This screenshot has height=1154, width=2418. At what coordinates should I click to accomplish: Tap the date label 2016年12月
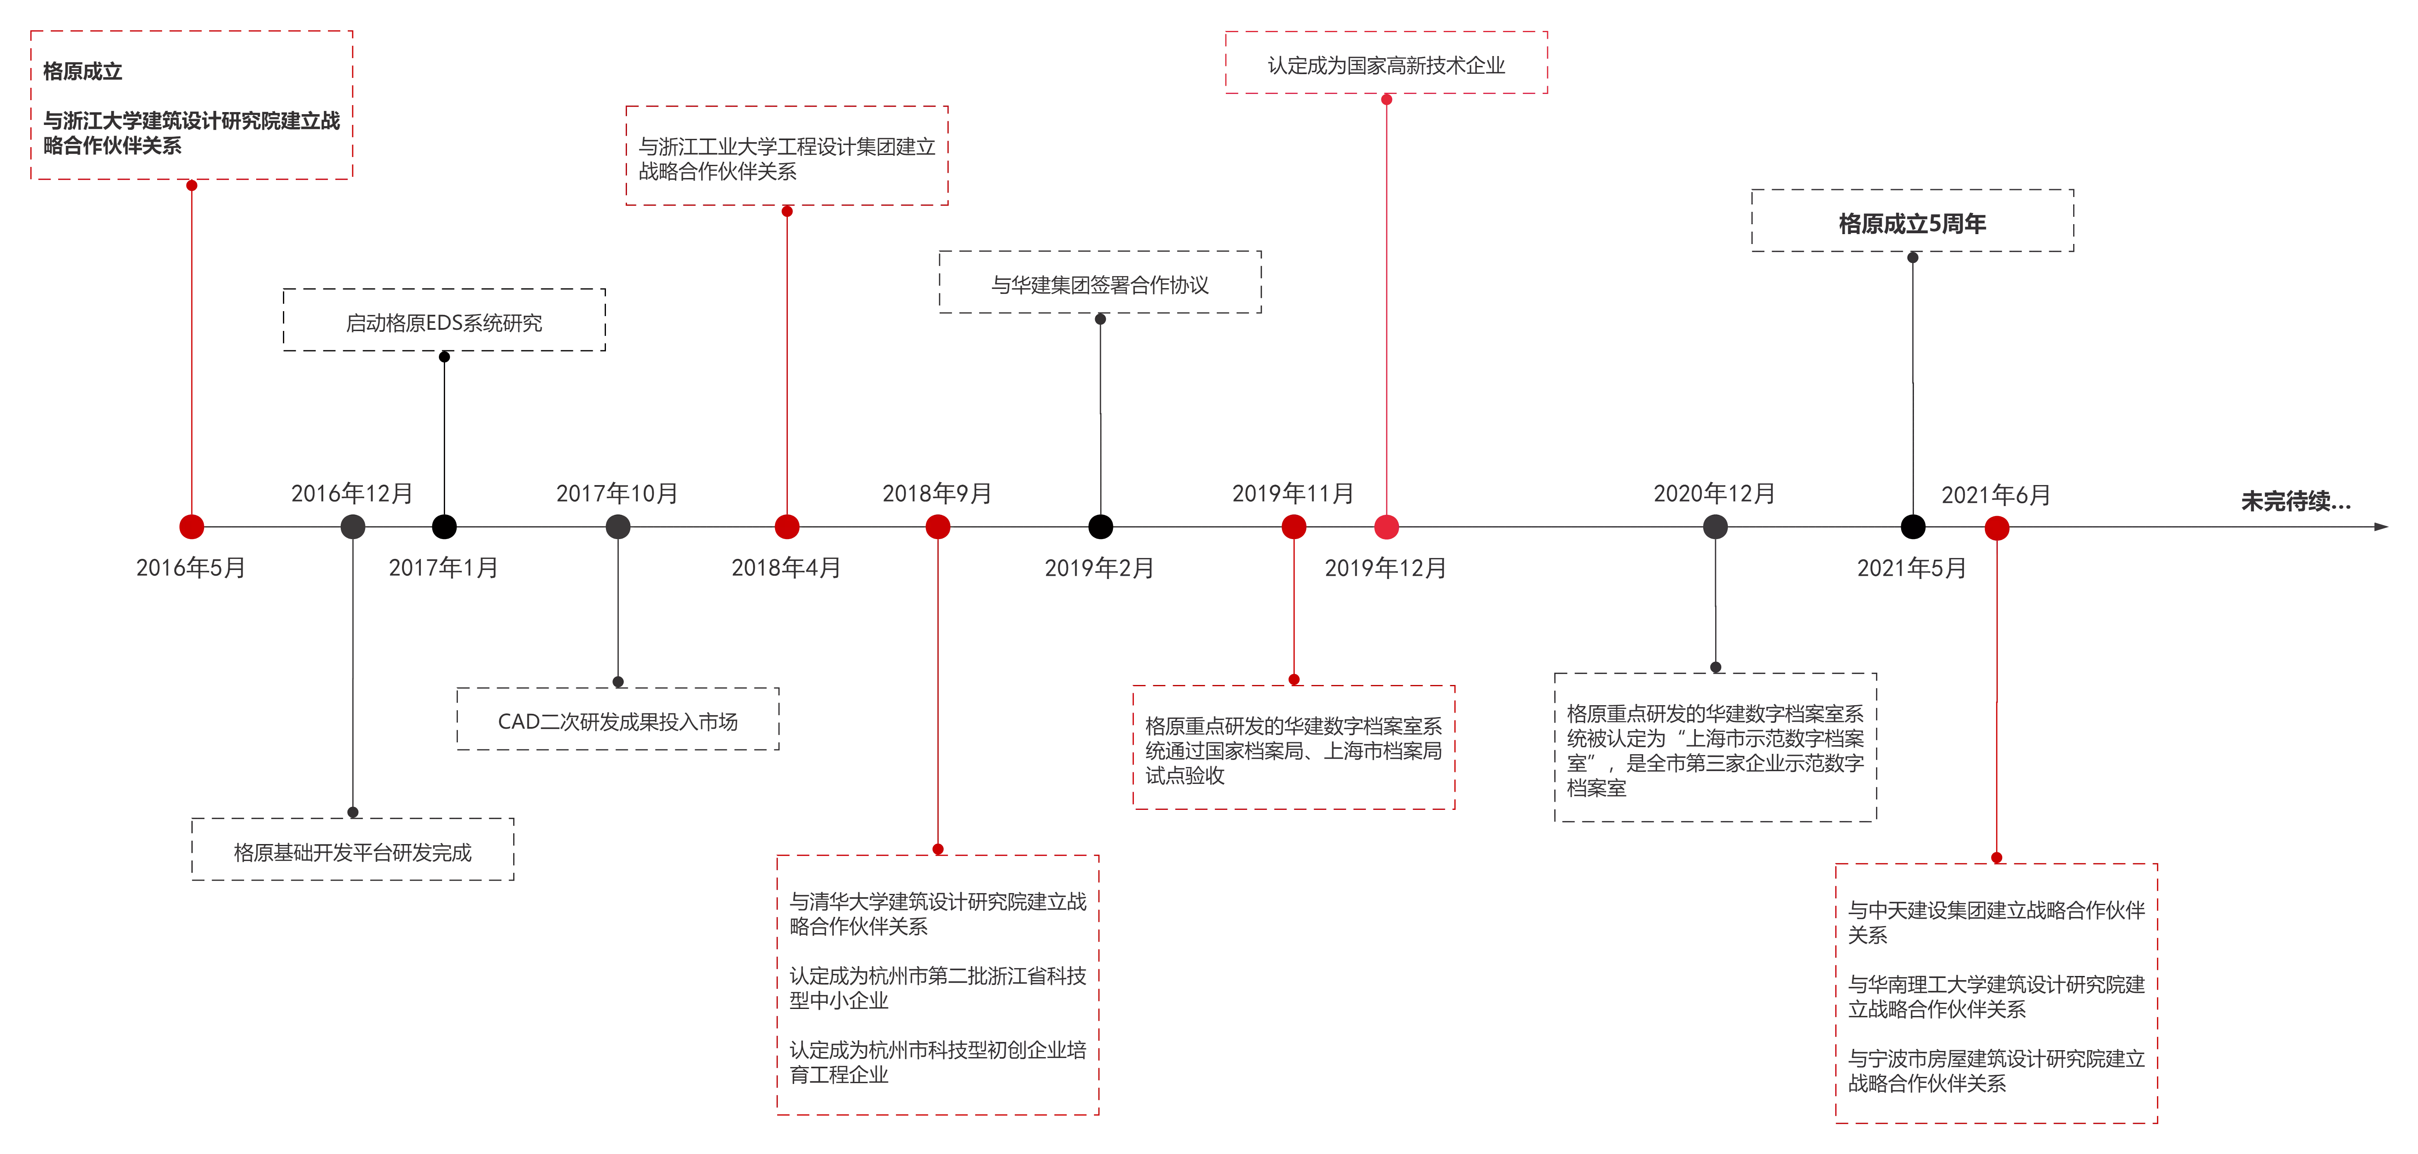pyautogui.click(x=352, y=493)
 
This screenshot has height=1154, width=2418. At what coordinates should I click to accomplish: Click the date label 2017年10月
pyautogui.click(x=617, y=493)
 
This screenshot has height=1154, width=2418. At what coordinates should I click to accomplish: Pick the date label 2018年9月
pyautogui.click(x=937, y=493)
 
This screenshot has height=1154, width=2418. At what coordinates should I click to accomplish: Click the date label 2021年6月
pyautogui.click(x=1996, y=495)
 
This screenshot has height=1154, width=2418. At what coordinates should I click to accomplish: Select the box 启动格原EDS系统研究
pyautogui.click(x=444, y=320)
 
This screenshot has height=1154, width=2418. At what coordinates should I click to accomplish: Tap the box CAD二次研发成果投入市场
pyautogui.click(x=617, y=719)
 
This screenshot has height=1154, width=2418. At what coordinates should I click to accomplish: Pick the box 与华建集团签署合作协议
pyautogui.click(x=1100, y=281)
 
